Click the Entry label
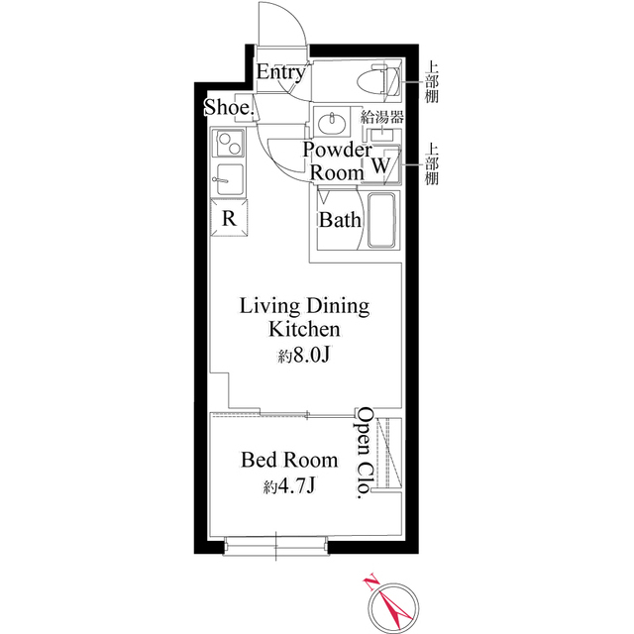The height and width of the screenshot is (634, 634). tap(280, 72)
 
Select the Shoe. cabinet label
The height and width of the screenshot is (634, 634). tap(229, 107)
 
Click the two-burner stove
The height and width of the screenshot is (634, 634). tap(230, 144)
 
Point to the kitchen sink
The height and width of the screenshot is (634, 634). tap(229, 179)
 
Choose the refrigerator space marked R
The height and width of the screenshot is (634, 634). tap(229, 218)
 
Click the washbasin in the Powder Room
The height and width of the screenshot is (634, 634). tap(331, 123)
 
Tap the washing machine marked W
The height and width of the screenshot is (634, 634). tap(381, 165)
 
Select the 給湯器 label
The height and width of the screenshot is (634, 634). tap(382, 117)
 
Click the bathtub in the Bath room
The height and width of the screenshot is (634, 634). tap(380, 220)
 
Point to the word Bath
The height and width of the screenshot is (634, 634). tap(340, 220)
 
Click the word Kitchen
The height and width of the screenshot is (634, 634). tap(304, 329)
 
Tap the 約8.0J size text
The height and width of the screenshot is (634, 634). tap(304, 355)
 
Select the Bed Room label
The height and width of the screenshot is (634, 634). tap(289, 460)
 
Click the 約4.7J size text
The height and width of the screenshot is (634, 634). tap(288, 486)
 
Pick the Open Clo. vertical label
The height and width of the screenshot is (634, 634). tap(365, 453)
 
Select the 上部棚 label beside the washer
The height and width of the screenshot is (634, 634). tap(432, 164)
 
